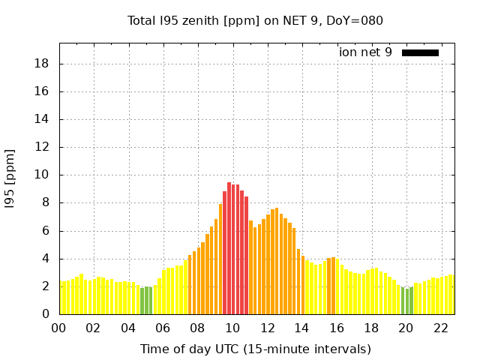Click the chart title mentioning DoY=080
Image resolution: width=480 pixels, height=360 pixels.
pos(255,20)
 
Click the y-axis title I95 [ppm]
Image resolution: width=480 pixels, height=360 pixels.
pos(10,178)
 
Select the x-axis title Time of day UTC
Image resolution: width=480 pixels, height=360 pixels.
pos(255,349)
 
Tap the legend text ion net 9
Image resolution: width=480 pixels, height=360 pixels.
pos(365,52)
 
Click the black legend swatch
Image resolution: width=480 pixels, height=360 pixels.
pos(420,52)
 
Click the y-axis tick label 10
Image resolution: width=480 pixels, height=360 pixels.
pos(42,175)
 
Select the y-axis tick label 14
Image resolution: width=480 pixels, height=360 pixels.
pos(42,119)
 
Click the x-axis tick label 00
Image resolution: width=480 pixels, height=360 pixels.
pos(59,328)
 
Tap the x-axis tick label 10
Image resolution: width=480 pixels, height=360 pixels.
pos(232,328)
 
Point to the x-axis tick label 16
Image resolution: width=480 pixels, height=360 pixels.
pos(337,328)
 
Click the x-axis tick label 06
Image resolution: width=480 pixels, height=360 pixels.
pos(163,328)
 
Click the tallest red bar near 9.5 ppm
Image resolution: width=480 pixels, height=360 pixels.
pos(229,248)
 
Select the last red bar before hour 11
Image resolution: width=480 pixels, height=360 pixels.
pos(246,255)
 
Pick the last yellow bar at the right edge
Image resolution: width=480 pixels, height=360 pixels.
pos(451,295)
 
